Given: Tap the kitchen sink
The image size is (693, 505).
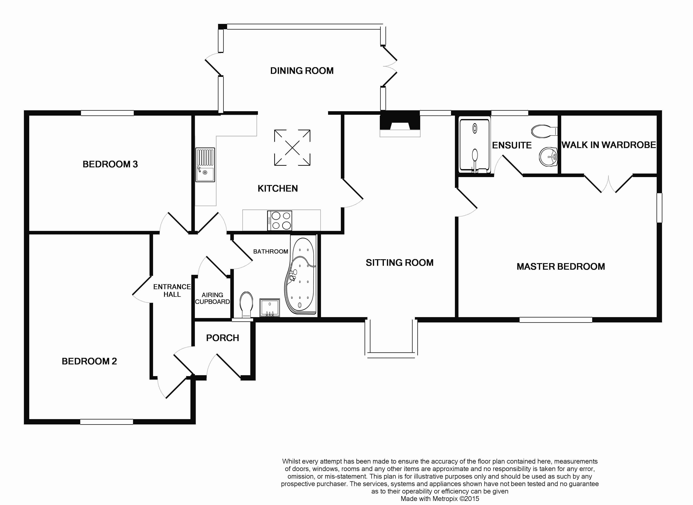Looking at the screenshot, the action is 205,165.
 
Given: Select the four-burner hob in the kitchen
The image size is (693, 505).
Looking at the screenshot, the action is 280,220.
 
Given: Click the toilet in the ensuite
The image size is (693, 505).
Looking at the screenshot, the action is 544,131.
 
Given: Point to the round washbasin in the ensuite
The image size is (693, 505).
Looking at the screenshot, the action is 548,157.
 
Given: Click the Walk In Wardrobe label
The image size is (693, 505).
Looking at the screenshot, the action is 609,145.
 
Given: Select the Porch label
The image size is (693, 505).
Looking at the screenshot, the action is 222,338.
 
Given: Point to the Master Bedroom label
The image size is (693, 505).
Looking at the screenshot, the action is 560,266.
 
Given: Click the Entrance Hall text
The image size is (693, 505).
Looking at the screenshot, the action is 172,290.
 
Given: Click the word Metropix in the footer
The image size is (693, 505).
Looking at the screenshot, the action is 443,499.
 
